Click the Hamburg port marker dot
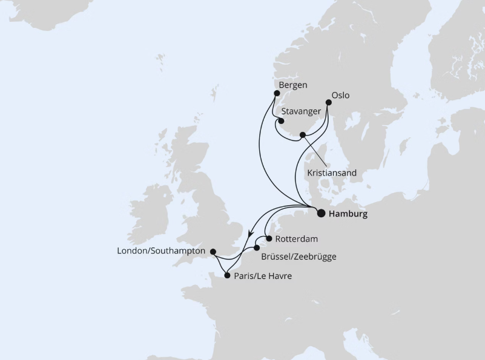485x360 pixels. tap(321, 213)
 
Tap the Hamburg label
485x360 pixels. tap(348, 214)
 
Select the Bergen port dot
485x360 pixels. tap(277, 93)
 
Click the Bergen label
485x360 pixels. tap(293, 85)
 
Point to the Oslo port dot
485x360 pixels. tap(329, 103)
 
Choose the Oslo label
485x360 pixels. tap(341, 95)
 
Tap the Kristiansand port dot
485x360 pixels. tap(303, 135)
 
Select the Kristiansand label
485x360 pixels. tap(332, 172)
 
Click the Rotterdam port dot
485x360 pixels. tap(268, 238)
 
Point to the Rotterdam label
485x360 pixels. tap(296, 239)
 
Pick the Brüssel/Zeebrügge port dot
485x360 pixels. tap(257, 248)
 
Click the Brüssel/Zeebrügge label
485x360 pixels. tap(299, 257)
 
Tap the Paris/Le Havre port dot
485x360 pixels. tap(227, 276)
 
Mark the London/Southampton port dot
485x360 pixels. tap(212, 250)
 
